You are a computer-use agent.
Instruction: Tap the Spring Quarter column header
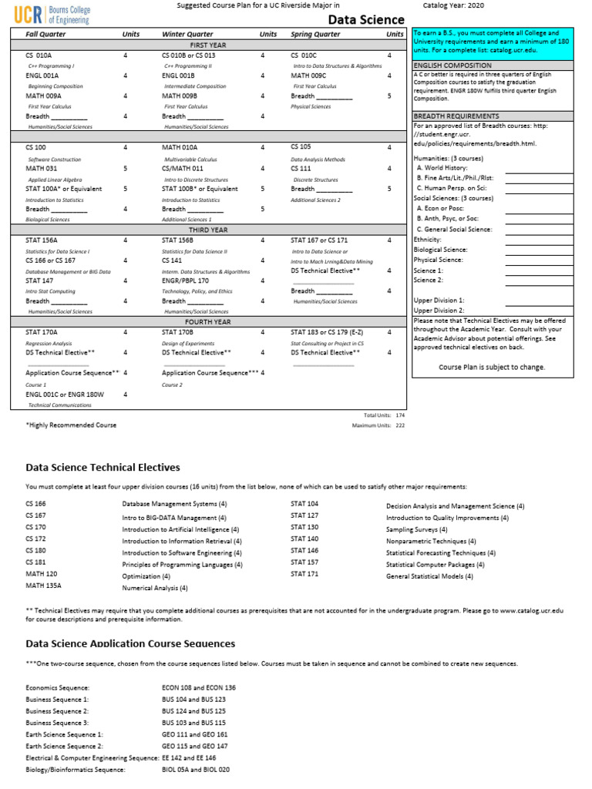point(315,35)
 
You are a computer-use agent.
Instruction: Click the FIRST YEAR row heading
point(208,45)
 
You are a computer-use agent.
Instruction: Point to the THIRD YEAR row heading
point(208,230)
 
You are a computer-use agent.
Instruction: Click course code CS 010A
point(39,55)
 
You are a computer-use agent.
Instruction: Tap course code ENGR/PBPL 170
point(185,280)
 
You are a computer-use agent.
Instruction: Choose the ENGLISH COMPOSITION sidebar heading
point(452,66)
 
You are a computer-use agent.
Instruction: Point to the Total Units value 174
point(399,415)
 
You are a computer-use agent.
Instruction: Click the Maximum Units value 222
point(399,425)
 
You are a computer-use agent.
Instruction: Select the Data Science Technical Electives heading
point(103,467)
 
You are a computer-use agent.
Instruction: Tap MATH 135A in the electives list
point(43,586)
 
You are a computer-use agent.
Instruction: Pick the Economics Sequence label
point(58,687)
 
